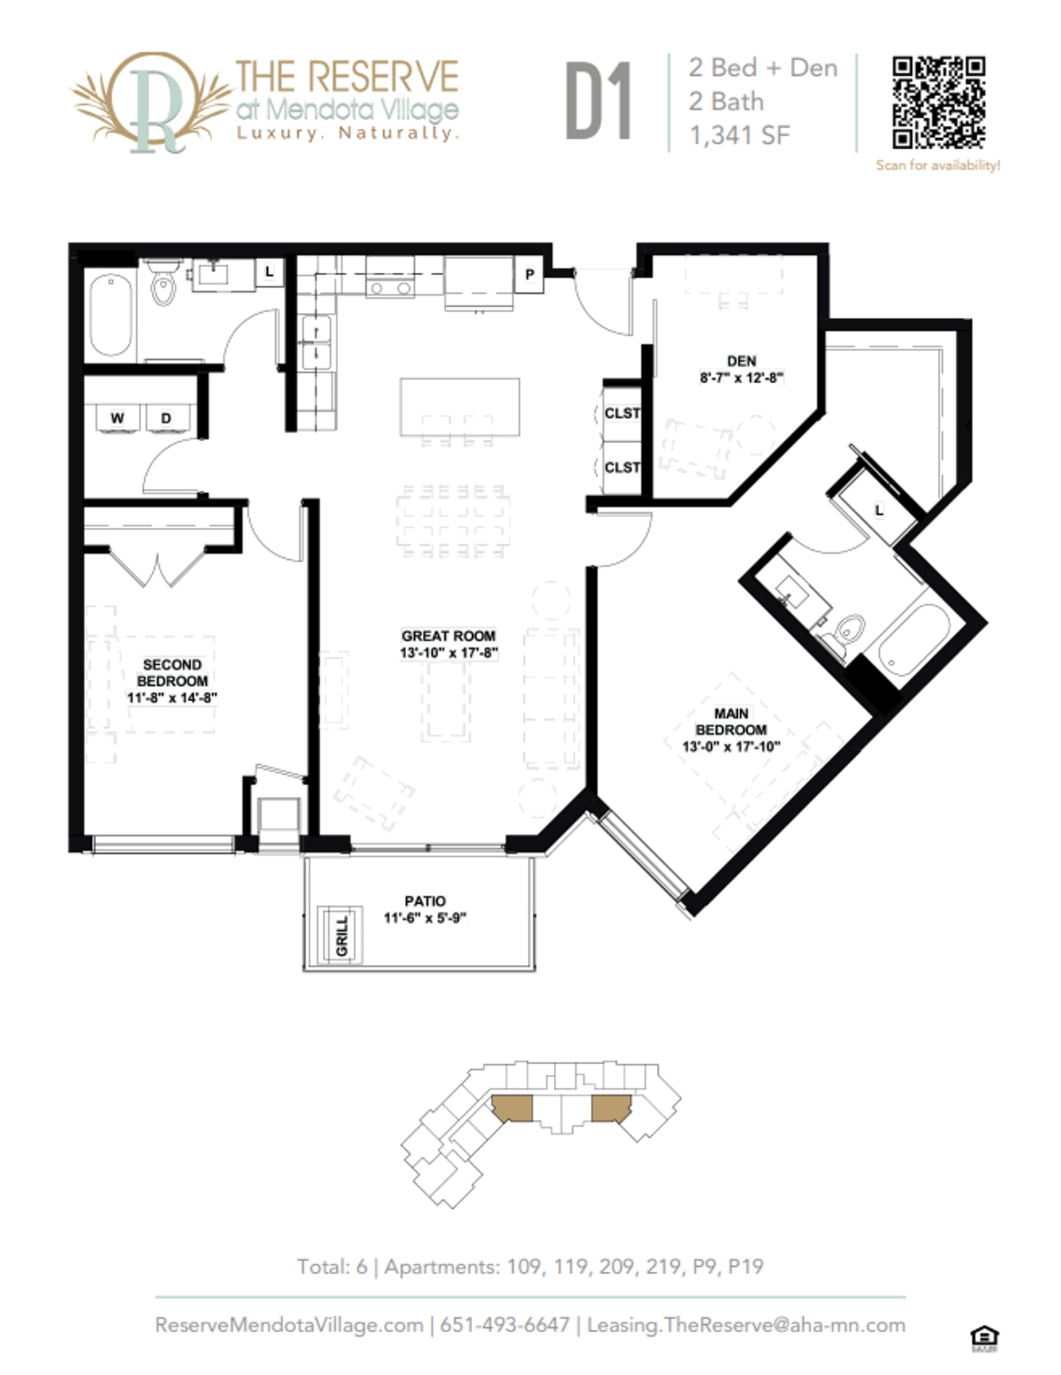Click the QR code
point(938,103)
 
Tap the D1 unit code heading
point(598,101)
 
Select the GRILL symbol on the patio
point(342,935)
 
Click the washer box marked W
point(117,418)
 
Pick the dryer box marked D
point(166,418)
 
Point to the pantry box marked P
point(529,275)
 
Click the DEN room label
point(741,361)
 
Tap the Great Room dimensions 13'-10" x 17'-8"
point(448,653)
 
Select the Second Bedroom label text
point(172,673)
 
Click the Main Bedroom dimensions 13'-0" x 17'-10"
point(731,747)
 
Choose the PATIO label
point(425,901)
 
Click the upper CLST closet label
point(621,413)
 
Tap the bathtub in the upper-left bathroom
point(111,316)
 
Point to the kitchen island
point(459,406)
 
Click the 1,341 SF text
point(739,135)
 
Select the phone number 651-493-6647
point(504,1325)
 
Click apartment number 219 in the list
point(662,1266)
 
